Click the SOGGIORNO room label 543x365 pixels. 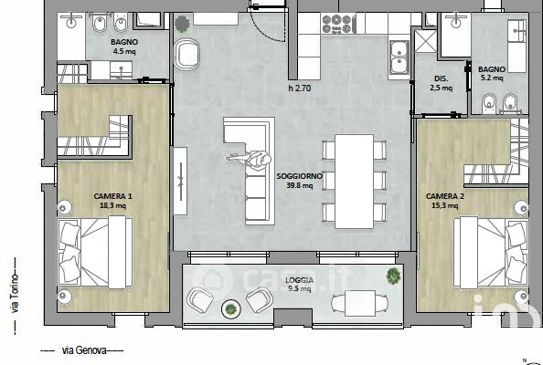pos(299,176)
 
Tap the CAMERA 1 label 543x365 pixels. pos(112,196)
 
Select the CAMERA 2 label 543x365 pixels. pos(445,196)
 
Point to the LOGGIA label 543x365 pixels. pos(299,280)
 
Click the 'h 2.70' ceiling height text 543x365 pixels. pos(300,89)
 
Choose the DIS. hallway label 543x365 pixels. pos(441,78)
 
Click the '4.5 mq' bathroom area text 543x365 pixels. pos(124,52)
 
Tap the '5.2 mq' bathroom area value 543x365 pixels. pos(492,78)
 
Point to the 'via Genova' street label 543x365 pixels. pos(84,350)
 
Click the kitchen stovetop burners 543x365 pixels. pos(337,25)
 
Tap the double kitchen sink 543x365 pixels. pos(399,57)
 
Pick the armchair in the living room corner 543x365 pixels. pos(187,54)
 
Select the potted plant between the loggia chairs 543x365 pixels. pos(231,309)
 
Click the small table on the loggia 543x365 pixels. pos(360,303)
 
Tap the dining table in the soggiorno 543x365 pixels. pos(354,181)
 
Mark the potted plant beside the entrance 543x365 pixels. pos(182,24)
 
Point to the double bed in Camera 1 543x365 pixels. pos(95,253)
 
